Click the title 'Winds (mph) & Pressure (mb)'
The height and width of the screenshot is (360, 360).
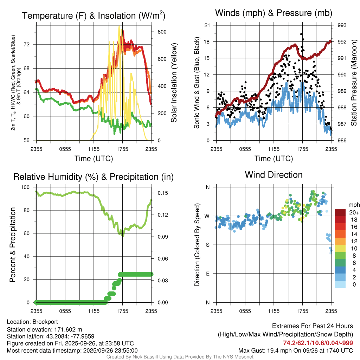tap(274, 13)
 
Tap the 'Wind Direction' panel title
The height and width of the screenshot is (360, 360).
tap(274, 175)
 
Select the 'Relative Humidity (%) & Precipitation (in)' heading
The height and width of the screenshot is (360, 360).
tap(93, 177)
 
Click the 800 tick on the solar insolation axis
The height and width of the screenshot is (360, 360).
tap(157, 31)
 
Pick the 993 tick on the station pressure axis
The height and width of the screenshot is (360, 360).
tap(342, 25)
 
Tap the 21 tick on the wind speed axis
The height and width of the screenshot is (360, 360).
tap(207, 25)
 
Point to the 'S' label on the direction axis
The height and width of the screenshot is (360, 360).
tap(207, 245)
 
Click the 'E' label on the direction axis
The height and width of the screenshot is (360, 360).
tap(207, 274)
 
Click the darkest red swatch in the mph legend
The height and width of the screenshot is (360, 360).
tap(340, 212)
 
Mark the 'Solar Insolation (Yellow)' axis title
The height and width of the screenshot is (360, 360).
tap(173, 83)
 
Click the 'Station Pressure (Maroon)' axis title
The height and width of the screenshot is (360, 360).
tap(354, 83)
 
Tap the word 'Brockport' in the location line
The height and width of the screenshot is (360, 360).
tap(45, 322)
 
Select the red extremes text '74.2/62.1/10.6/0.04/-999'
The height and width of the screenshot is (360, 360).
tap(318, 343)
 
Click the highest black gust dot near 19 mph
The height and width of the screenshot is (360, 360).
tap(301, 34)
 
